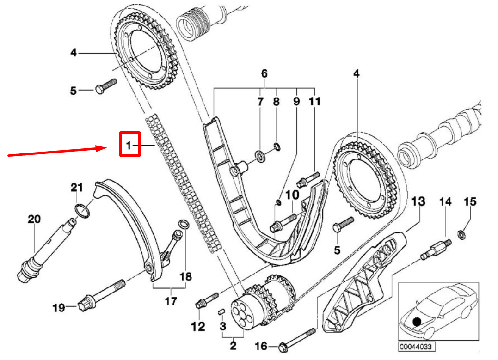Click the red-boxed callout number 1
[129, 145]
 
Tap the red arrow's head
[105, 148]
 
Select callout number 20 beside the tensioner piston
[34, 219]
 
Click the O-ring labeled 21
[81, 211]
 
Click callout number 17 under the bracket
[171, 301]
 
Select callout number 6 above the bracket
[264, 73]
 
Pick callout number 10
[292, 195]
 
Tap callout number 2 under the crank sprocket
[233, 345]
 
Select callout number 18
[185, 276]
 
